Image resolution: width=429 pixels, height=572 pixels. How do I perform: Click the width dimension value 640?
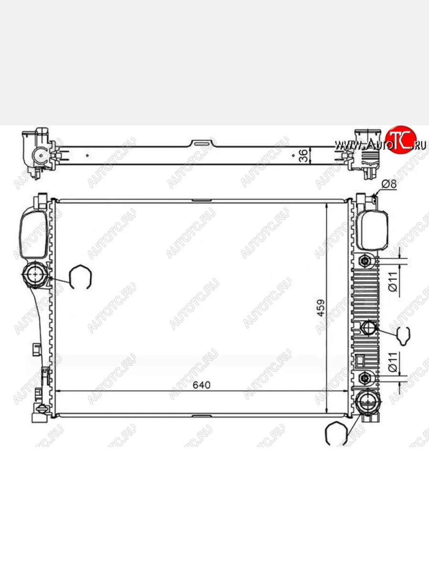201,385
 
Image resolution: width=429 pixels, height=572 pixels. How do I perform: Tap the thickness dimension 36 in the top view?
304,155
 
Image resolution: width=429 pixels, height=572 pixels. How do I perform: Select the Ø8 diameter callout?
389,184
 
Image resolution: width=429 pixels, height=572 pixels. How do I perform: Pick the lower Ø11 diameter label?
393,362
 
